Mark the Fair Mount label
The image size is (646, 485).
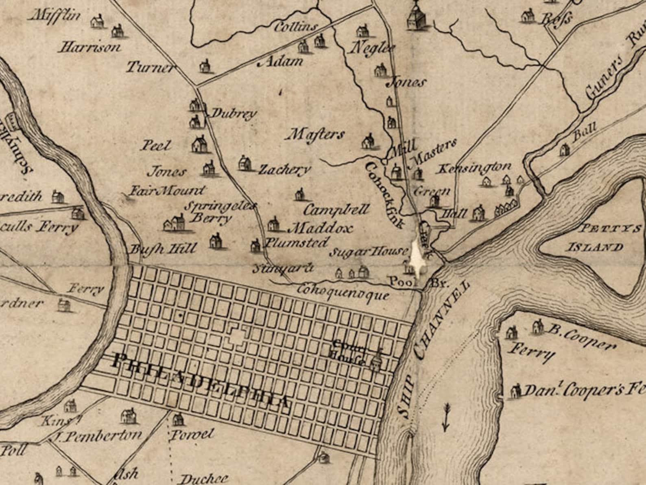pyautogui.click(x=167, y=190)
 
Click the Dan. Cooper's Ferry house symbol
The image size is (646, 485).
pyautogui.click(x=515, y=391)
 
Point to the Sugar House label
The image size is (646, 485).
pyautogui.click(x=368, y=252)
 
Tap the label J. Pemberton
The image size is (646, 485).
pyautogui.click(x=98, y=436)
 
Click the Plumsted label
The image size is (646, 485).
pyautogui.click(x=296, y=243)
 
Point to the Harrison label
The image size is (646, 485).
pyautogui.click(x=90, y=47)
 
